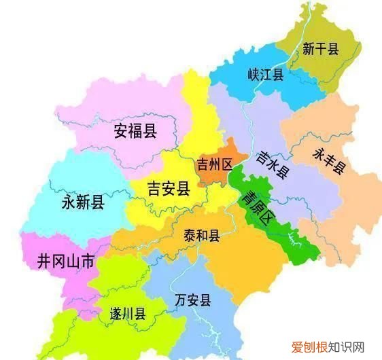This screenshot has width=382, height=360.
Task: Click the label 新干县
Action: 321,48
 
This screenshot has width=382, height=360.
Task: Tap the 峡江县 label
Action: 265,74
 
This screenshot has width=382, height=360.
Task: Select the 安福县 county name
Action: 135,130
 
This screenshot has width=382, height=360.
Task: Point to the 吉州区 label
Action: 214,164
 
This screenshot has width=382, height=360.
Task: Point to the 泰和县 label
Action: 201,236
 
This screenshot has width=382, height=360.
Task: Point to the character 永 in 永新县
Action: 68,202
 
